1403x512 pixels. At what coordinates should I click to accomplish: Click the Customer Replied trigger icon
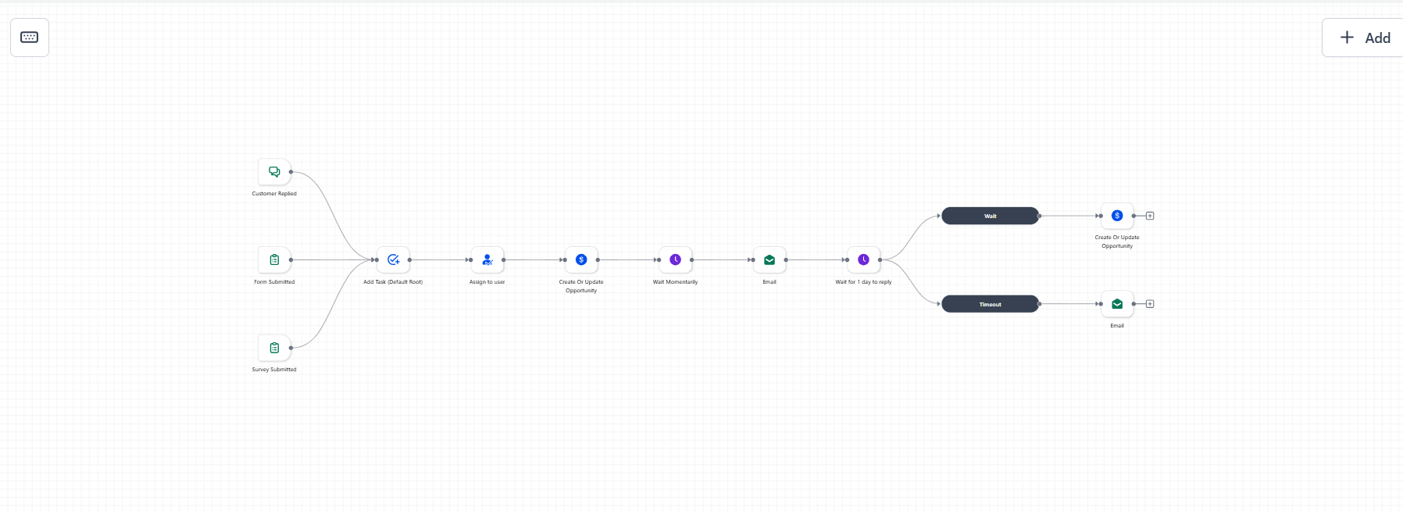tap(274, 172)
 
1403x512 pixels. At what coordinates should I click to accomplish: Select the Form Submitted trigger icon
tap(274, 260)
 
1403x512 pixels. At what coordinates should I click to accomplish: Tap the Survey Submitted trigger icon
tap(274, 348)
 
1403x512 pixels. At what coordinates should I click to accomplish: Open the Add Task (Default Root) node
tap(393, 260)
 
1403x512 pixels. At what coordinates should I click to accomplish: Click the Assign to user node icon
tap(487, 260)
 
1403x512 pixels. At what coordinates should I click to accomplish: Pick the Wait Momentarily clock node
tap(676, 260)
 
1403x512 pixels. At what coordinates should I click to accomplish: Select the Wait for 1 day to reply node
tap(863, 260)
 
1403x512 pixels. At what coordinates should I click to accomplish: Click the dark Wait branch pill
tap(991, 216)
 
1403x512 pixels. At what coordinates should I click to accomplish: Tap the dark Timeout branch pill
tap(991, 304)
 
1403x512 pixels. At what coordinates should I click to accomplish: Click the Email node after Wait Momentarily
tap(769, 260)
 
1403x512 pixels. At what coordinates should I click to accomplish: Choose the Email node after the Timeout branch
tap(1117, 304)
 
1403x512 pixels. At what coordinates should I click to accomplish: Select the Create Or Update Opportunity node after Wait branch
tap(1117, 216)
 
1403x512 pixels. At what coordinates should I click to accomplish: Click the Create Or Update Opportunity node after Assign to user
tap(581, 260)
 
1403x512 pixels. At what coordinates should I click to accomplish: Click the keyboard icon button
tap(30, 38)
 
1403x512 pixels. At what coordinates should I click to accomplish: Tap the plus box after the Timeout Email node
tap(1150, 304)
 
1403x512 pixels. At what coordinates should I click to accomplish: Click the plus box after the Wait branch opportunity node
tap(1150, 216)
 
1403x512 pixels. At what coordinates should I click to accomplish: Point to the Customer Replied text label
tap(274, 194)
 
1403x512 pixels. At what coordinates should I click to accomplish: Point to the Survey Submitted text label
tap(274, 370)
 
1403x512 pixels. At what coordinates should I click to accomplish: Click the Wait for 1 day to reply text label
tap(863, 282)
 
